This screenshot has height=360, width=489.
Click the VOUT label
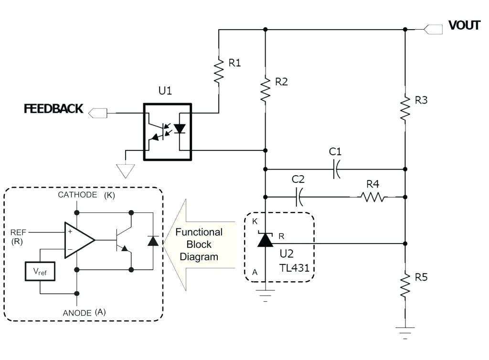pyautogui.click(x=464, y=25)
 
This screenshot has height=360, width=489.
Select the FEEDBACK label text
pyautogui.click(x=53, y=109)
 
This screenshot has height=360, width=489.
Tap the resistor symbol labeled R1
pyautogui.click(x=219, y=70)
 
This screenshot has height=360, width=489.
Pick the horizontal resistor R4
pyautogui.click(x=372, y=197)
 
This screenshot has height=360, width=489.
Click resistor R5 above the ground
pyautogui.click(x=405, y=285)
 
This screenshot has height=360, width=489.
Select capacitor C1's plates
pyautogui.click(x=336, y=169)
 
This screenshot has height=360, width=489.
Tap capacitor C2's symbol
pyautogui.click(x=299, y=197)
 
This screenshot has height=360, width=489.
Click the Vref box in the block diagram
pyautogui.click(x=40, y=271)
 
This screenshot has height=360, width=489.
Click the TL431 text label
pyautogui.click(x=294, y=268)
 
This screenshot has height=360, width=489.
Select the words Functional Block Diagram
pyautogui.click(x=199, y=244)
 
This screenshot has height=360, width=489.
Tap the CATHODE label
pyautogui.click(x=78, y=195)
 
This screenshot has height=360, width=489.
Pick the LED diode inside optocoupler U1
pyautogui.click(x=180, y=129)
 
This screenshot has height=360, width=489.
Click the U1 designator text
pyautogui.click(x=165, y=91)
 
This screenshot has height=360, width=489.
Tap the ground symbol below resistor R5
pyautogui.click(x=405, y=330)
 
